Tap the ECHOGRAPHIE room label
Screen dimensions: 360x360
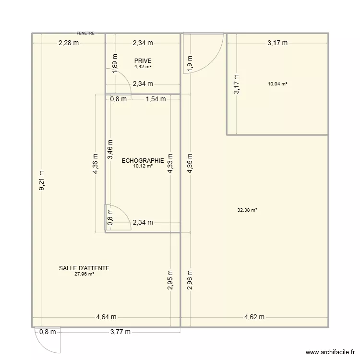click(143, 161)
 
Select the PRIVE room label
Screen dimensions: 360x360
click(143, 61)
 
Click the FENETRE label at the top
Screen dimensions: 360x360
click(85, 33)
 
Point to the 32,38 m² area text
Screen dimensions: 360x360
click(247, 210)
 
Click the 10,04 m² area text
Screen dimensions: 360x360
click(278, 84)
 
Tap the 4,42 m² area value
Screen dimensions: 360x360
click(143, 67)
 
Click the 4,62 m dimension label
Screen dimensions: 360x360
click(254, 317)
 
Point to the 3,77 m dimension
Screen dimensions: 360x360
click(121, 331)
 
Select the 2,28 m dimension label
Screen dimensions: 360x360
click(69, 43)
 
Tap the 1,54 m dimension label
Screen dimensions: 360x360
click(155, 99)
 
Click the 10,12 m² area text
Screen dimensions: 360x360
click(143, 166)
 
